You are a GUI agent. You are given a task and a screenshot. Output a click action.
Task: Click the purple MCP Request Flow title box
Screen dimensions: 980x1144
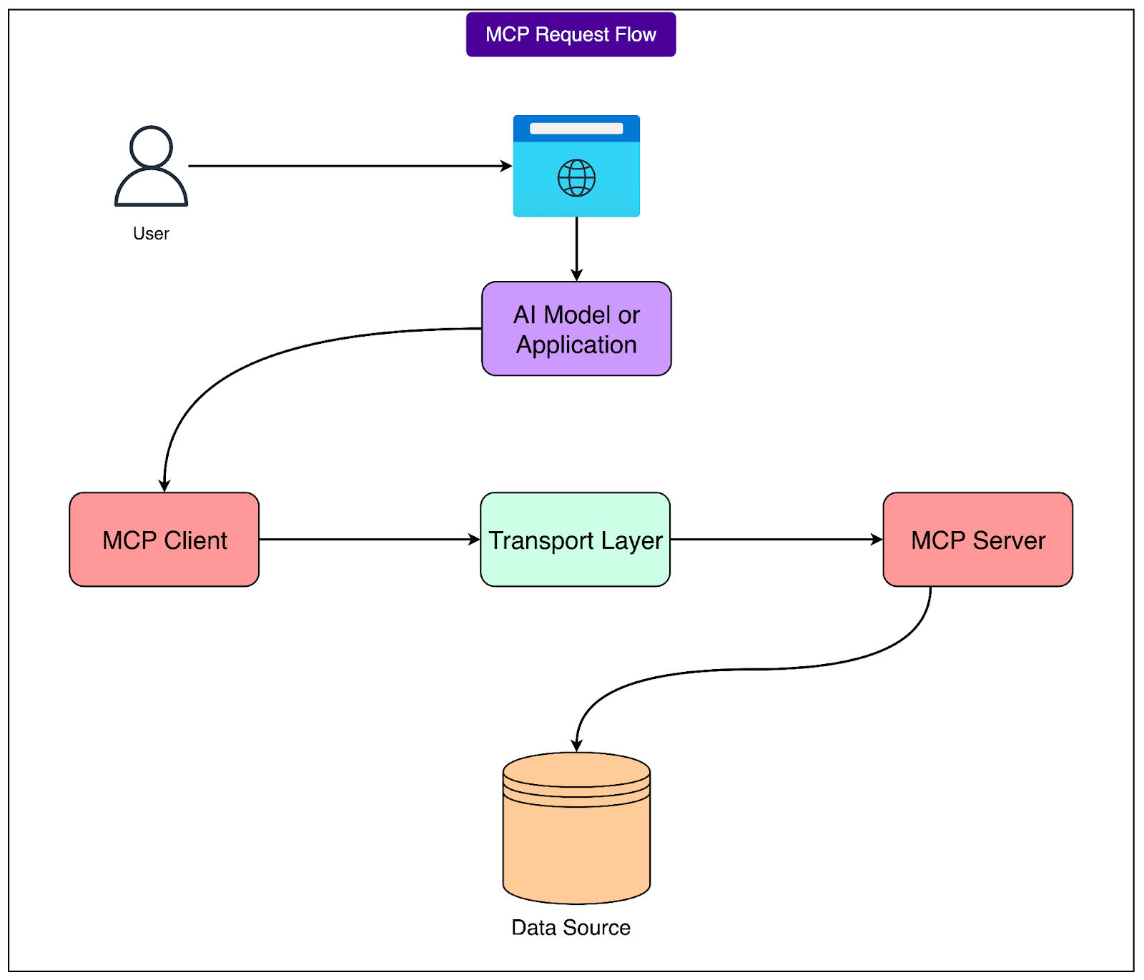571,34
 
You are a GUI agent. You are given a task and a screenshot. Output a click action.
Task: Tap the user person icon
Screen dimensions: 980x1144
151,167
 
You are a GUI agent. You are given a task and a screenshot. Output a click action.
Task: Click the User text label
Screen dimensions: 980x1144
151,234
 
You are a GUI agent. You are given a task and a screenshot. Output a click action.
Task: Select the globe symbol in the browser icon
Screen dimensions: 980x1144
576,178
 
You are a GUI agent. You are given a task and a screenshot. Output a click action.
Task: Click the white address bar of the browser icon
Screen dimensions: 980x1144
576,129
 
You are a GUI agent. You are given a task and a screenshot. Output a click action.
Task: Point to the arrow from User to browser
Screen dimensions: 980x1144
350,166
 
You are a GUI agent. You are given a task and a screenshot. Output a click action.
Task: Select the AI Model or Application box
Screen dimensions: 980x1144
576,329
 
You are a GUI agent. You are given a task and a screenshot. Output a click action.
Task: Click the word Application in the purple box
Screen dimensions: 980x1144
576,345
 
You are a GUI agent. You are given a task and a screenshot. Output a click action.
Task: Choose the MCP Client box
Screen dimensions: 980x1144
164,540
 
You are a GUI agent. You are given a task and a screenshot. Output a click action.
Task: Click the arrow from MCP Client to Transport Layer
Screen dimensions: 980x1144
368,540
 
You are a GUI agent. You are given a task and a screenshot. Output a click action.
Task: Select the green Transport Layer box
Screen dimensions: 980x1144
576,540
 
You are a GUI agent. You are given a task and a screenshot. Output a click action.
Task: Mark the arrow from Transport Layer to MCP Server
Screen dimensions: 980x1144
776,540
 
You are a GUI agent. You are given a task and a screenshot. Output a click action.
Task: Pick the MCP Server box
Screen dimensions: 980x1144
977,540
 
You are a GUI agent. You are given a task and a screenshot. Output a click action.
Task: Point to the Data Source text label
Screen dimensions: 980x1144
571,928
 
